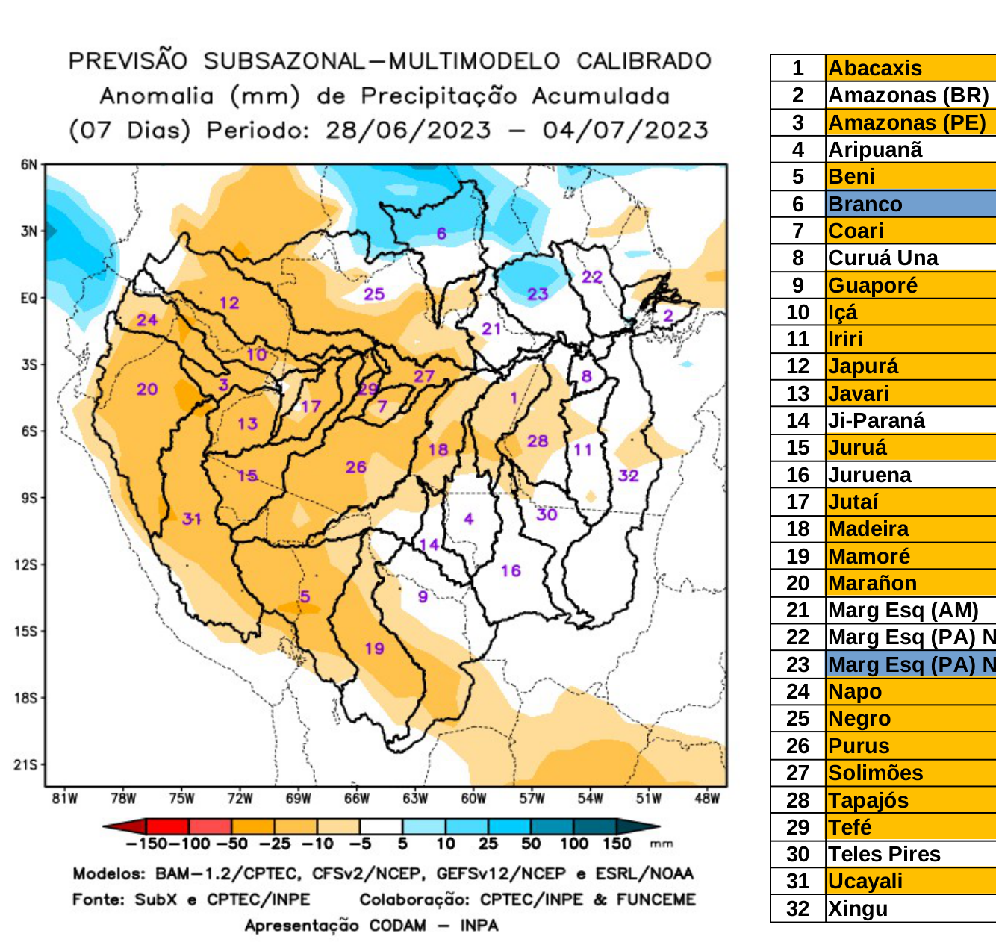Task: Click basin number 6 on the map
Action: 441,234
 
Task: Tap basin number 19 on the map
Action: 374,648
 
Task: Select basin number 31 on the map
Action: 192,518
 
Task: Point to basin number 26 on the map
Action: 355,467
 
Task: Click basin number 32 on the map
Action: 628,475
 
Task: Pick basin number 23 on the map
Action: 538,293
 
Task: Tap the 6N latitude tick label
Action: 28,165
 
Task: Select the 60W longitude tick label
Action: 473,799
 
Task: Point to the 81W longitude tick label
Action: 65,799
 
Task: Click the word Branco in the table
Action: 865,204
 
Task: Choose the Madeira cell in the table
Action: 868,529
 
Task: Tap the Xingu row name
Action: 858,908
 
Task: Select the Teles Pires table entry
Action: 884,854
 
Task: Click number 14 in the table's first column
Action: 797,420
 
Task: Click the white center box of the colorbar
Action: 381,826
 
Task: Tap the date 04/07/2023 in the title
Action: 625,130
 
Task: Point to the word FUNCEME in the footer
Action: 656,899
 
